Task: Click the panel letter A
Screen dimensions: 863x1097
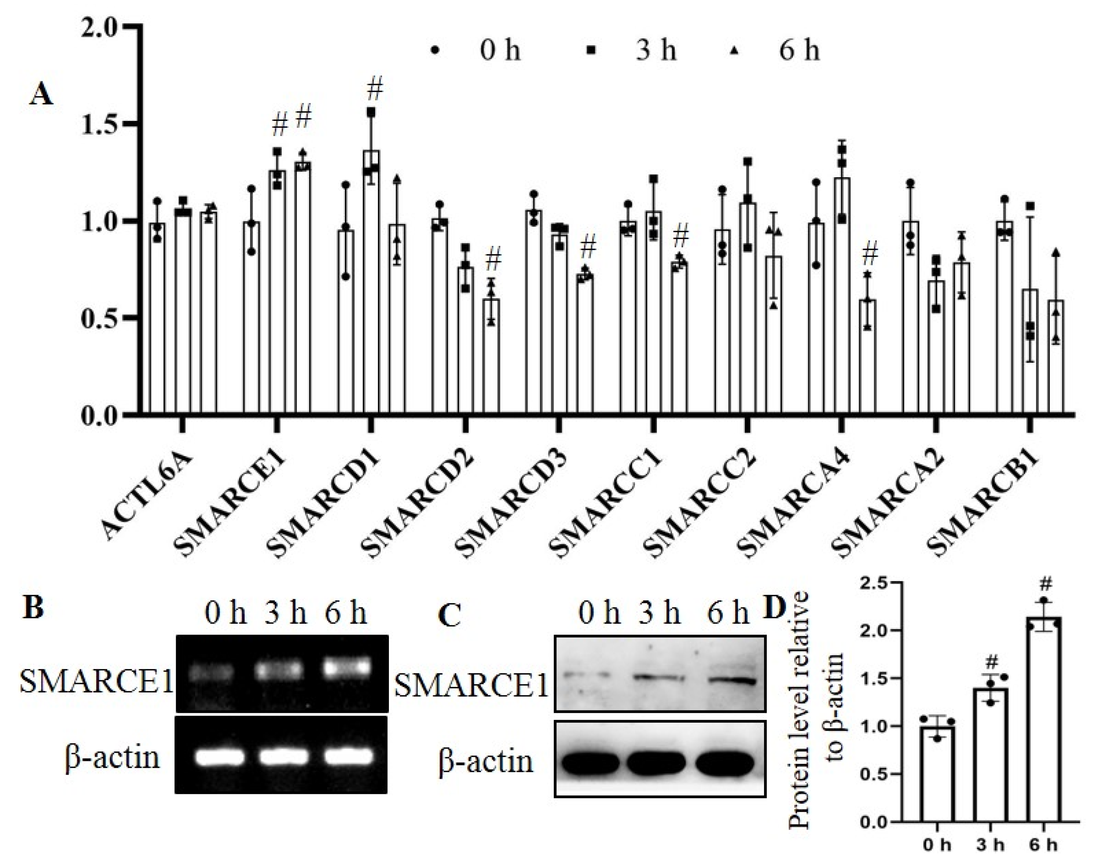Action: click(41, 94)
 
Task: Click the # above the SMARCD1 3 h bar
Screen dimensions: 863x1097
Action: click(374, 89)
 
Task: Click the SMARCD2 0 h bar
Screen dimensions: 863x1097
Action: click(439, 318)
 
